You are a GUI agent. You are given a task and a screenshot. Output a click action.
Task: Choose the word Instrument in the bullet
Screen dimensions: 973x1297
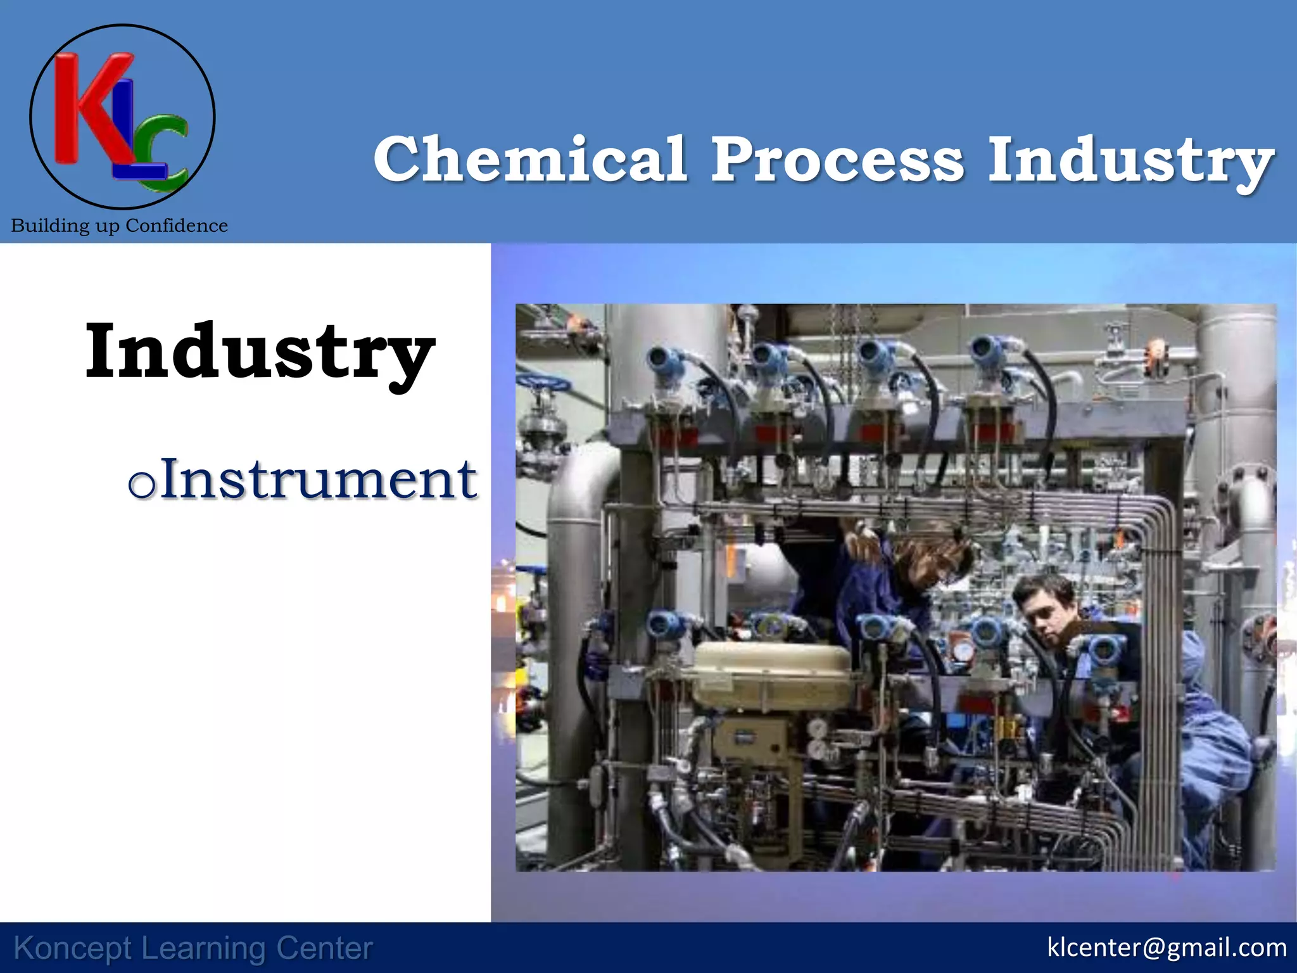click(318, 480)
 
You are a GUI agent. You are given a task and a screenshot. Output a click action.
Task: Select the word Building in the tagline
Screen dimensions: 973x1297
click(50, 226)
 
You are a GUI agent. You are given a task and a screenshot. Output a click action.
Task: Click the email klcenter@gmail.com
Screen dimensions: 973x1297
click(1167, 947)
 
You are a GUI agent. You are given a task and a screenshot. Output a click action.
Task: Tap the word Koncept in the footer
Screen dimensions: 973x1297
click(73, 948)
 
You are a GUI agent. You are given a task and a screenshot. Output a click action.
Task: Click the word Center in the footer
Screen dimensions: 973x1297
click(324, 948)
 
